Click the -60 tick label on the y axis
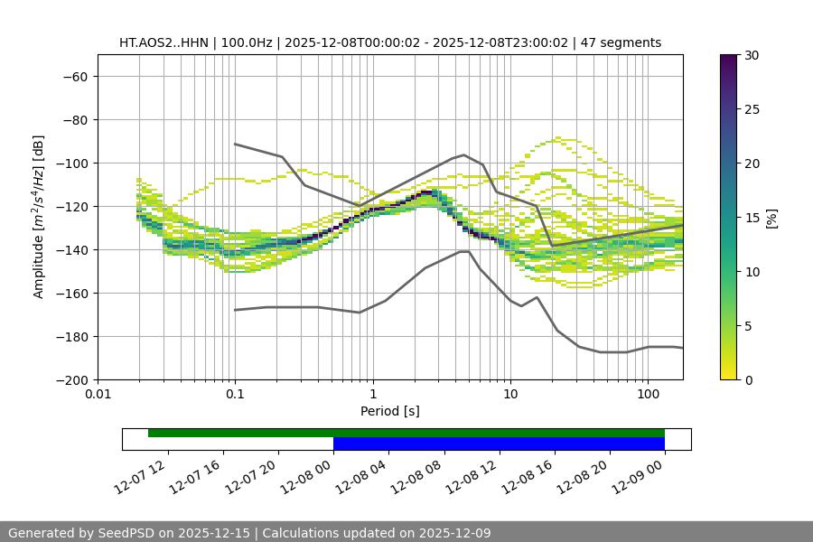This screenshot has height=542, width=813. point(74,77)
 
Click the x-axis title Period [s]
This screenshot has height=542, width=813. point(390,411)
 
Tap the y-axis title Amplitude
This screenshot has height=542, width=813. point(39,217)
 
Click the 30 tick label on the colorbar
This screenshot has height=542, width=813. point(751,55)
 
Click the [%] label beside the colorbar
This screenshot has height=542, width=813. point(771,218)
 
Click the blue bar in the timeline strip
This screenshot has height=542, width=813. point(499,444)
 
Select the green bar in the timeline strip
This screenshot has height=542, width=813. point(406,433)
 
